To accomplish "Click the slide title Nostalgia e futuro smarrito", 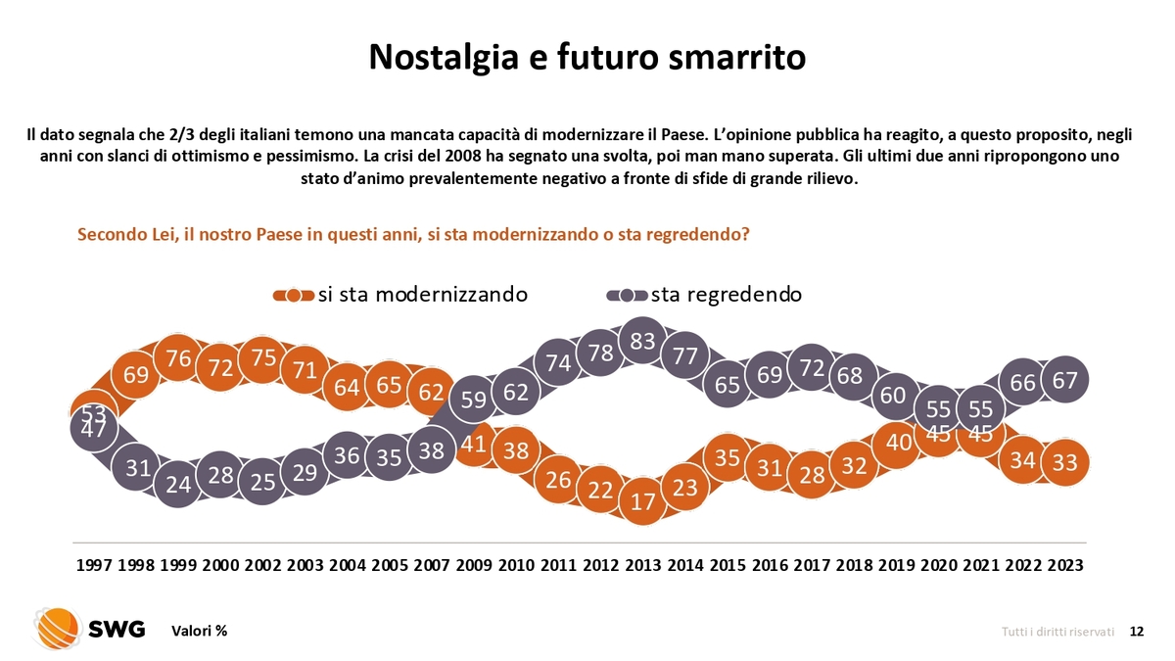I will [x=587, y=57].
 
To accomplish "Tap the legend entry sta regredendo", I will [x=726, y=295].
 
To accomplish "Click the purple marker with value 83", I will [x=642, y=341].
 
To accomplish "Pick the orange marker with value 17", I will [x=642, y=500].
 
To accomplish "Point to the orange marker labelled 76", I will [x=178, y=359].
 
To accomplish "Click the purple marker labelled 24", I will [x=178, y=484].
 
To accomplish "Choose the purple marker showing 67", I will [x=1065, y=380].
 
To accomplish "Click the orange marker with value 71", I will [x=305, y=370].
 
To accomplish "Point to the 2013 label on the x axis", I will [x=642, y=567].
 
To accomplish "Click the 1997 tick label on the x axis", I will [x=94, y=567].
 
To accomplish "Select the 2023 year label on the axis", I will [x=1065, y=567].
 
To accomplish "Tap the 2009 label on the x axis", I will [x=474, y=567].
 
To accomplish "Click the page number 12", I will [x=1136, y=632].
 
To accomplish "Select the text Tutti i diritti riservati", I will [x=1057, y=632].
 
